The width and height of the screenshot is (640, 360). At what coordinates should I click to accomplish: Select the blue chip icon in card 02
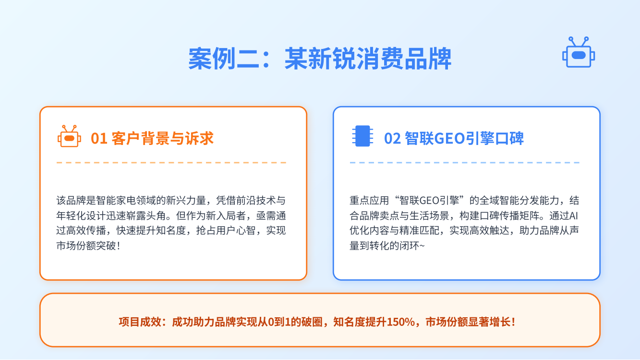(x=362, y=136)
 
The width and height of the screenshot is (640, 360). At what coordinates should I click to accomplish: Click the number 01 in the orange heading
(x=99, y=139)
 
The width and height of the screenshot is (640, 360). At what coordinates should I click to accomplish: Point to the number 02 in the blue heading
(x=392, y=139)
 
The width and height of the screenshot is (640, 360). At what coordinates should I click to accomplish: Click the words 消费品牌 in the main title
(x=404, y=59)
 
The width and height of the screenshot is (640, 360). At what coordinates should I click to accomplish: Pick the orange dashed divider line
(x=171, y=163)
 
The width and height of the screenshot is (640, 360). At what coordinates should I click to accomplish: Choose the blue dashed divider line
(x=465, y=163)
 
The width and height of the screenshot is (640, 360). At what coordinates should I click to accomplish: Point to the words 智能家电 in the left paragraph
(x=116, y=201)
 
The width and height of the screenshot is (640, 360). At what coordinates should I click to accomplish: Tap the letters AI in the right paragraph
(x=573, y=216)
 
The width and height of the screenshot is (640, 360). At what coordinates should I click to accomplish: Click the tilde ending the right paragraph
(x=422, y=246)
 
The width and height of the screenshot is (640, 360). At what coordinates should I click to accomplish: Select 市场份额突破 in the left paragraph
(x=86, y=246)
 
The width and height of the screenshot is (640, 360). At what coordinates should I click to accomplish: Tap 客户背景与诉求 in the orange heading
(x=162, y=139)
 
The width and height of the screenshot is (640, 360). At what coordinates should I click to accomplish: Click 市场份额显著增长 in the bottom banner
(x=468, y=322)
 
